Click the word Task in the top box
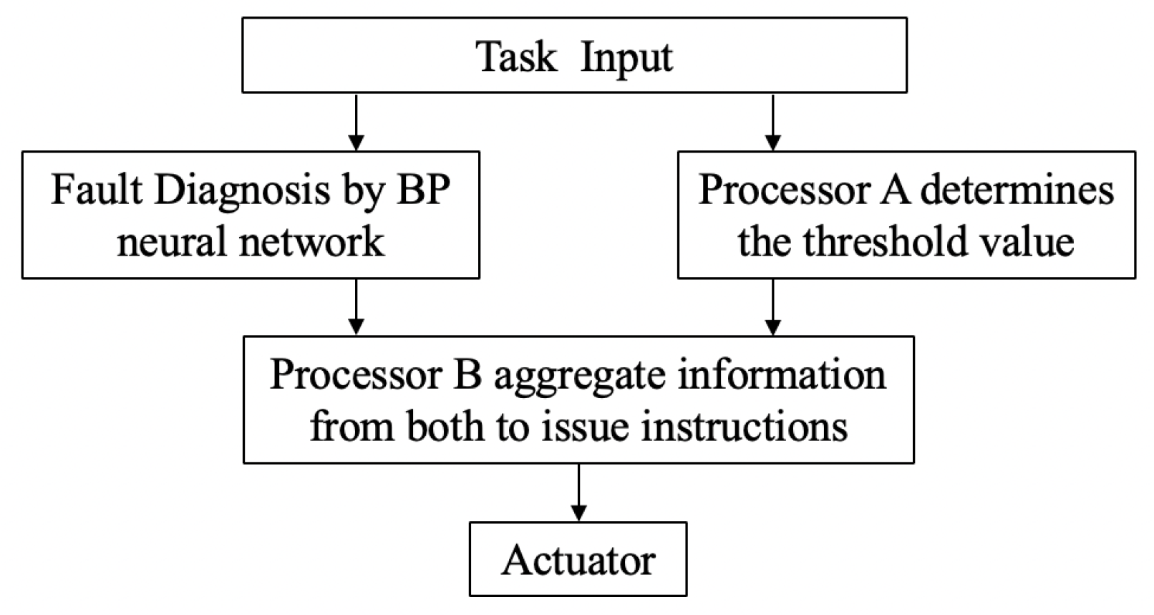point(516,57)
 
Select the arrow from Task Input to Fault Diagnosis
point(356,122)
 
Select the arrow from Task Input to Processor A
point(772,122)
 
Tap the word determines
point(1017,190)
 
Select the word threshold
point(884,241)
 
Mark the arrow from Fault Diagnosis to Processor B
point(356,306)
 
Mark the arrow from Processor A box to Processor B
point(772,306)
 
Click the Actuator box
point(578,559)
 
